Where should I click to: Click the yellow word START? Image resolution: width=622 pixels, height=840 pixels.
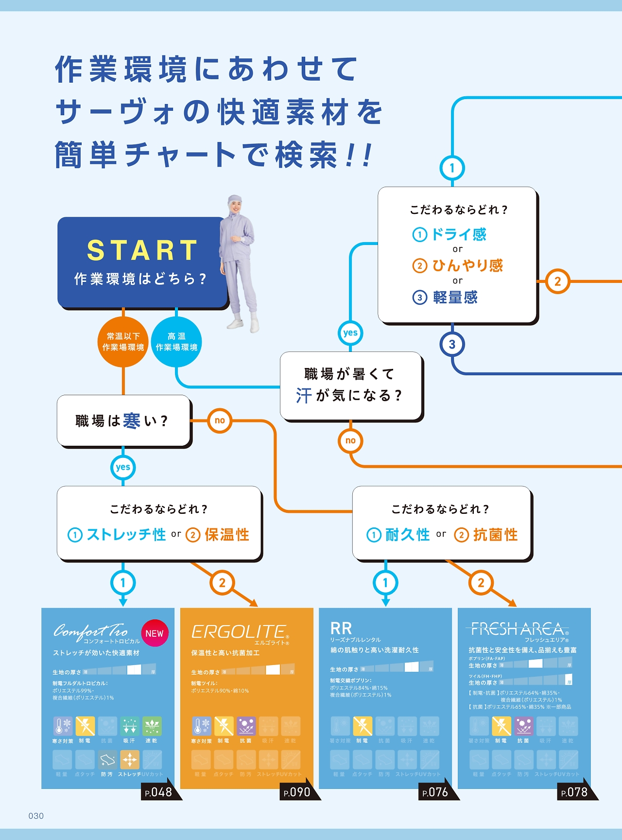[x=142, y=250]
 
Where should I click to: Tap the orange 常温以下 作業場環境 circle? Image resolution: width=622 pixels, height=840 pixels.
[x=123, y=342]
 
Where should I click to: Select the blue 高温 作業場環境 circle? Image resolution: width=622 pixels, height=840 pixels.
[x=176, y=342]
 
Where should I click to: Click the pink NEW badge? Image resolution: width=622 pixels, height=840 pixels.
[x=155, y=633]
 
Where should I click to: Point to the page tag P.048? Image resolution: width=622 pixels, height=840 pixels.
[x=159, y=792]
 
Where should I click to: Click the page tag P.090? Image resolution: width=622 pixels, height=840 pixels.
[x=297, y=792]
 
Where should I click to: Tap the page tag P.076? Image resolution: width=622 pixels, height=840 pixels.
[x=436, y=792]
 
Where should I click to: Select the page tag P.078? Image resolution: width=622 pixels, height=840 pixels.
[x=575, y=792]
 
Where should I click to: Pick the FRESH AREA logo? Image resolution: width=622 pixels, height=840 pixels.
[x=517, y=629]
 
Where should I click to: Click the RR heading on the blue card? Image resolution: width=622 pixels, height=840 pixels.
[x=341, y=628]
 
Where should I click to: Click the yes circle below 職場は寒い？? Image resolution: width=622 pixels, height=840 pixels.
[x=123, y=467]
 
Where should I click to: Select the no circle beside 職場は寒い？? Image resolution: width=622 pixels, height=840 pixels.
[x=220, y=420]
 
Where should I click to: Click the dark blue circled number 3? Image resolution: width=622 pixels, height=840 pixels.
[x=452, y=345]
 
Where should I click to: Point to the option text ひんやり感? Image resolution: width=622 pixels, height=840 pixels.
[x=467, y=265]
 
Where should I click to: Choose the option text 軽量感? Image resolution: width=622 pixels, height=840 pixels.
[x=455, y=297]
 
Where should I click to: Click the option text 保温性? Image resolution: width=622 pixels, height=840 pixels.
[x=227, y=535]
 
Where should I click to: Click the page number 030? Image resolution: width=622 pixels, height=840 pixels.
[x=36, y=816]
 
